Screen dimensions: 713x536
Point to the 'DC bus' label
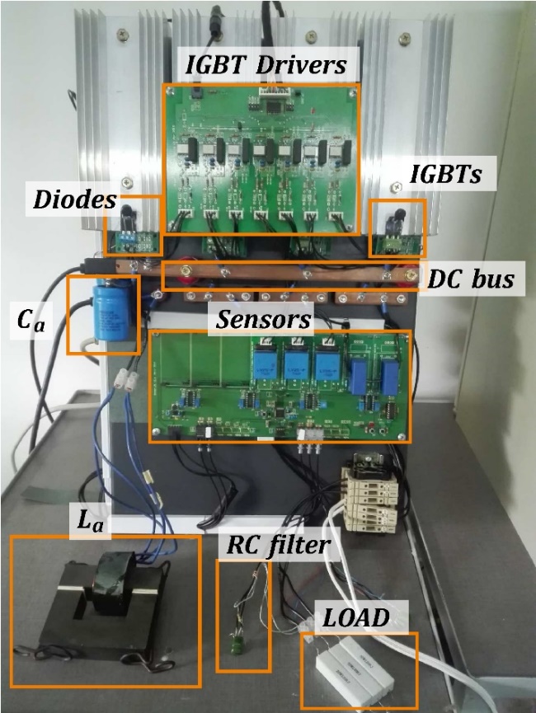coord(471,279)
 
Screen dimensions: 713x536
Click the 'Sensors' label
coord(263,319)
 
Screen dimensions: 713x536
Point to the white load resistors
coord(356,673)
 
